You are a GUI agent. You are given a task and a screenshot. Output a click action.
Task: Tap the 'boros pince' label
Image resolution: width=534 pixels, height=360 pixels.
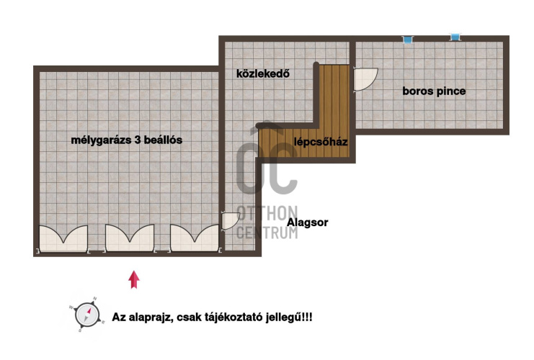coord(433,91)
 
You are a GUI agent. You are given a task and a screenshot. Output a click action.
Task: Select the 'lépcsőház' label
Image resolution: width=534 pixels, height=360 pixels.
coord(321,142)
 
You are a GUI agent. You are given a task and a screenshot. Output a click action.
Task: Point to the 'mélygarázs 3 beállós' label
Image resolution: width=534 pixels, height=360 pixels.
coord(126,140)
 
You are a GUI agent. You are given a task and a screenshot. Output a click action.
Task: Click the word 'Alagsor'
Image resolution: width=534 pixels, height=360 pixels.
coord(308,222)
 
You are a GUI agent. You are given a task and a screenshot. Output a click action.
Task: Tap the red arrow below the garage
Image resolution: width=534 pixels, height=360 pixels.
coord(133,279)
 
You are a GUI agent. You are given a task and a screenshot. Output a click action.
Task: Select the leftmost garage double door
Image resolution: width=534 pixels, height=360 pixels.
coord(63,238)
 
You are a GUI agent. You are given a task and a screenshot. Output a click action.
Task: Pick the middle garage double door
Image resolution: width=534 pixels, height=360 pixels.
coord(130,238)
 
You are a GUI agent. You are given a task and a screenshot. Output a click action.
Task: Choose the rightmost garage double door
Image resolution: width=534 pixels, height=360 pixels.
coord(195,238)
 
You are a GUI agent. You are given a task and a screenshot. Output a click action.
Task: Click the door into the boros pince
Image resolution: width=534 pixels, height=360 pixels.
coord(365,79)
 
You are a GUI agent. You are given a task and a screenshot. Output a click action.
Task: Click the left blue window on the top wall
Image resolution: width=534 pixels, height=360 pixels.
coord(407,39)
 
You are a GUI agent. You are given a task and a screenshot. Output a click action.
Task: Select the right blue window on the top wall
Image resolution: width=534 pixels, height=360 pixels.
coord(455,37)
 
